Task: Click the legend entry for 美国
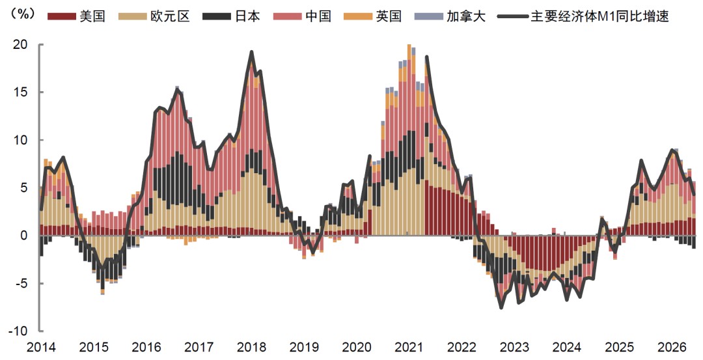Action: pos(76,16)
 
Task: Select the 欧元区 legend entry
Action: pos(154,16)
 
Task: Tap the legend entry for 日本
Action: pos(231,16)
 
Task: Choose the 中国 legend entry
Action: pos(302,16)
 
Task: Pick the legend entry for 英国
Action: pos(372,16)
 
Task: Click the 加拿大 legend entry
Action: pos(450,16)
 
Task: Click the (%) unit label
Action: pos(20,14)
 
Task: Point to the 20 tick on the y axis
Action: pos(20,44)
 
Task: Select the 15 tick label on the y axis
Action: pos(20,92)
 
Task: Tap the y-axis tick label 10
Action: pos(20,140)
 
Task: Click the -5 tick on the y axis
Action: pos(22,283)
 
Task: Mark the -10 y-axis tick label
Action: pos(19,331)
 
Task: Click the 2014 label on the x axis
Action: pos(41,348)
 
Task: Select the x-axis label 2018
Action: pos(251,348)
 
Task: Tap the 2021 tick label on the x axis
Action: pos(409,348)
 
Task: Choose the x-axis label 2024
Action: pos(567,348)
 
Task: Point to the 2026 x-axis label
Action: pos(671,348)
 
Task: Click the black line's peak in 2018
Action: pos(251,51)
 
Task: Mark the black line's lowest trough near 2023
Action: pos(501,307)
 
